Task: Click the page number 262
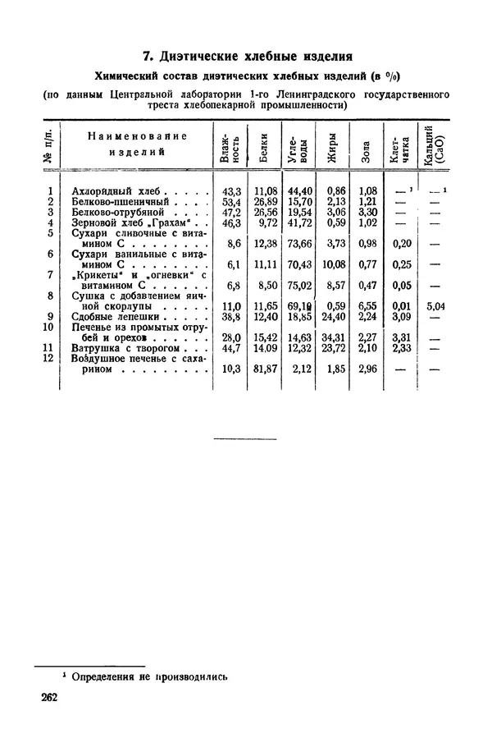[x=54, y=699]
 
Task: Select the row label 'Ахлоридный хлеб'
[x=120, y=190]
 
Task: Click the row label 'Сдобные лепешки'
[x=116, y=316]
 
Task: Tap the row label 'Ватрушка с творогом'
[x=124, y=347]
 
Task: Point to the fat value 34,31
[x=331, y=337]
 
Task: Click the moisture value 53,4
[x=230, y=201]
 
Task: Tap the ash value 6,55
[x=366, y=306]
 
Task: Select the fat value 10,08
[x=330, y=264]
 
